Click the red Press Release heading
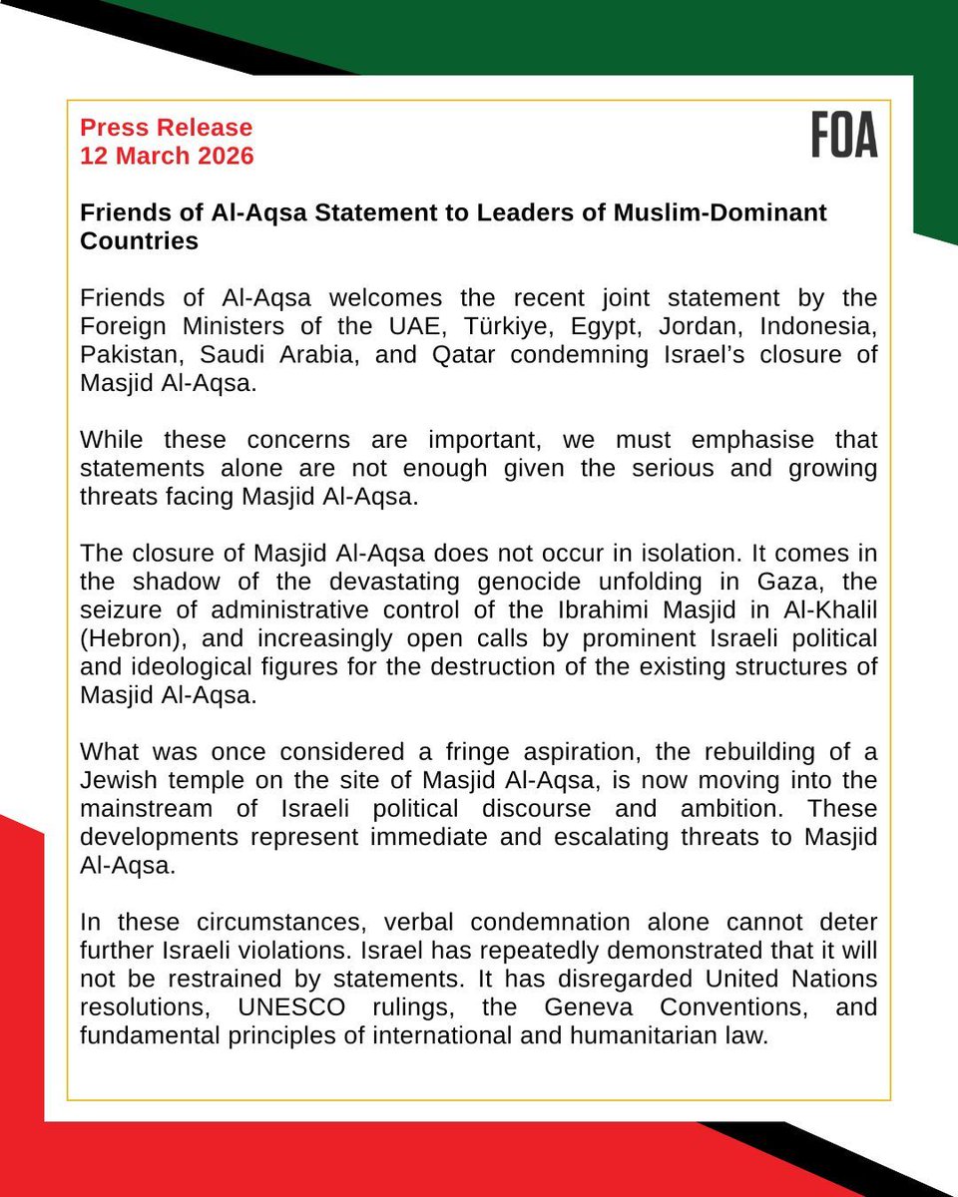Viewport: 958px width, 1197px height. [167, 128]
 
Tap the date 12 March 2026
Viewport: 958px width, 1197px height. [167, 156]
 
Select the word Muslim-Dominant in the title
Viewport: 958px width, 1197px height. [732, 213]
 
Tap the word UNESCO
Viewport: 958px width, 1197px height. [287, 1007]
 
